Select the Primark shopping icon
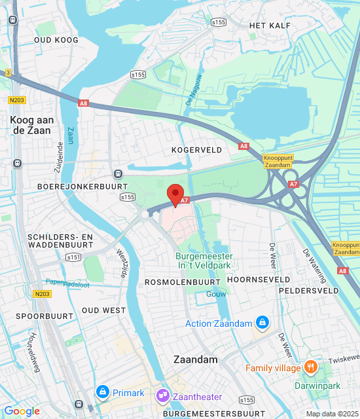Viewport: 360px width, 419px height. click(x=102, y=392)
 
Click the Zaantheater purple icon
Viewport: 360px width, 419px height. click(x=163, y=396)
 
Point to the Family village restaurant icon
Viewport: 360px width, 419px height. click(x=311, y=367)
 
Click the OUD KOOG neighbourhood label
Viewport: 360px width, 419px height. click(x=56, y=40)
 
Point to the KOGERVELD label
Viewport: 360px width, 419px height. click(x=193, y=150)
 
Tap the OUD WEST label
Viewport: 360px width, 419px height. click(x=103, y=310)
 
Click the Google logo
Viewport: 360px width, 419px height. click(x=22, y=411)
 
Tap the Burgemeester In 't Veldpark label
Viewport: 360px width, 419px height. click(x=205, y=261)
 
